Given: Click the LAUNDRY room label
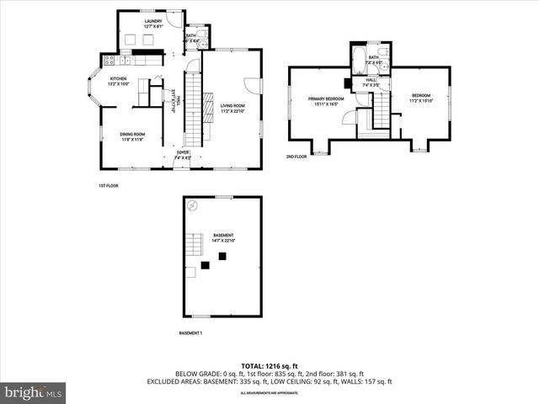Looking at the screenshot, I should (x=153, y=21).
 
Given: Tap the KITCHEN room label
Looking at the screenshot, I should (x=116, y=79).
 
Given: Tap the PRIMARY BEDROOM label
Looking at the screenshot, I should (x=324, y=98).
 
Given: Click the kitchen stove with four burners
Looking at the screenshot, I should (x=108, y=60).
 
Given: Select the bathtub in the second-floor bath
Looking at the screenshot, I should (x=358, y=61).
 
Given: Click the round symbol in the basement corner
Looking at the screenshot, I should (x=192, y=205).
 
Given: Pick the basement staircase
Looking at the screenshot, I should (x=195, y=245).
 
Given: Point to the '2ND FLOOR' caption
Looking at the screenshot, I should (x=296, y=157).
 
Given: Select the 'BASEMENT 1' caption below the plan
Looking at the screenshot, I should (x=190, y=333).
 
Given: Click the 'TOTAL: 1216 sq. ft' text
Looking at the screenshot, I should (x=269, y=366).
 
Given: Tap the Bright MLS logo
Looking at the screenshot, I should (x=34, y=392).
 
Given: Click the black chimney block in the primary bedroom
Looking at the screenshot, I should (x=347, y=82).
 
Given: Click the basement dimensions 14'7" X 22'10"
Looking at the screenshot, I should (x=223, y=241).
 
